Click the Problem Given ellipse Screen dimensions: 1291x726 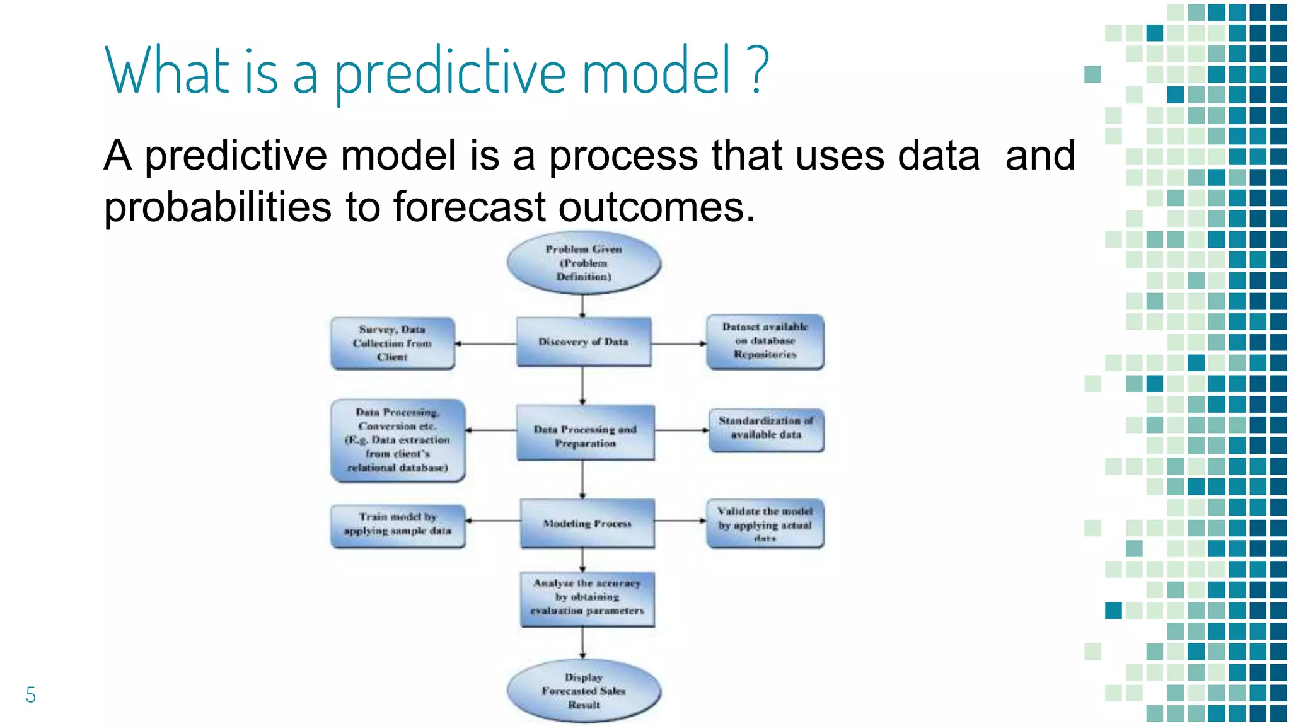pos(584,263)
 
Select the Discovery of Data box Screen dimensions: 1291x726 pos(584,342)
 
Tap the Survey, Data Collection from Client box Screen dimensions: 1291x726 pos(392,343)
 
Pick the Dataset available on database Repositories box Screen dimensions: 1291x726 pos(765,341)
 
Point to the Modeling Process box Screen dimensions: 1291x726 pos(587,523)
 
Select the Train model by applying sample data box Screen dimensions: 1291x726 pos(398,526)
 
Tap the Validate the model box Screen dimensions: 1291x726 pos(765,523)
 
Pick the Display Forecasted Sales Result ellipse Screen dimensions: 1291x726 pos(584,691)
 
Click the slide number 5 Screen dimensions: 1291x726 pos(31,695)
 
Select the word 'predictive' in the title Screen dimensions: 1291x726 pos(450,73)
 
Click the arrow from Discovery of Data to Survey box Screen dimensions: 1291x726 pos(485,343)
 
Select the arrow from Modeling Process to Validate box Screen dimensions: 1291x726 pos(680,521)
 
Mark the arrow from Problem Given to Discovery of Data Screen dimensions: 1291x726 pos(582,306)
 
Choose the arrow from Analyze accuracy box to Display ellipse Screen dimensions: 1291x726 pos(582,643)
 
